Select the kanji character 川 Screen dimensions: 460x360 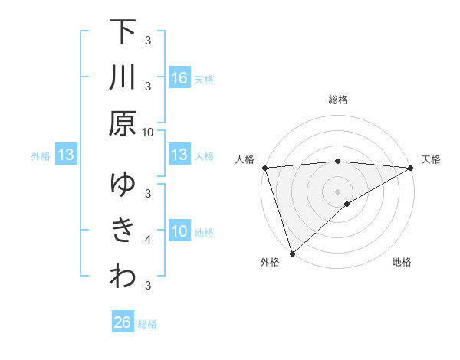tap(123, 78)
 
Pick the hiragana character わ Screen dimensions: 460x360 tap(123, 277)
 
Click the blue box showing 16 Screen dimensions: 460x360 tap(179, 77)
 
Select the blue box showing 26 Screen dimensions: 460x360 tap(123, 323)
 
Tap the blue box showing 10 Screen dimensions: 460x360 tap(179, 231)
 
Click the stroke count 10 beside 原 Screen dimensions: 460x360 tap(148, 132)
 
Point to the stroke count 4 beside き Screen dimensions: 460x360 tap(148, 240)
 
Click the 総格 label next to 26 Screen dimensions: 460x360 tap(147, 324)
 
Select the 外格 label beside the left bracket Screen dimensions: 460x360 tap(41, 156)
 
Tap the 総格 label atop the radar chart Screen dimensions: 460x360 tap(338, 100)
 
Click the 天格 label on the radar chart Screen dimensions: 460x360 tap(431, 159)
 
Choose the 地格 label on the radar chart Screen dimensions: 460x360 tap(402, 263)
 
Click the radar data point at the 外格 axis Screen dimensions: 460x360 tap(292, 254)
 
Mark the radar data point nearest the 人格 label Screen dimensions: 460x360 tap(264, 168)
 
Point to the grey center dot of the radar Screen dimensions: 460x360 tap(338, 191)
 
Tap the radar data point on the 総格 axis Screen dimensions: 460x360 tap(338, 161)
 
